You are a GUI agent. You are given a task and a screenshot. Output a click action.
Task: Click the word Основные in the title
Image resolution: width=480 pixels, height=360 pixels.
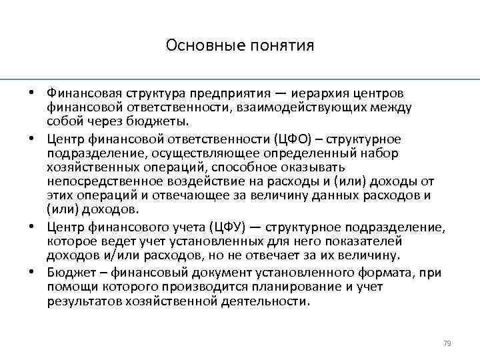click(194, 46)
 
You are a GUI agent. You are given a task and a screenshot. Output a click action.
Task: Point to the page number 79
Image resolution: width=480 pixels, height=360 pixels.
click(447, 343)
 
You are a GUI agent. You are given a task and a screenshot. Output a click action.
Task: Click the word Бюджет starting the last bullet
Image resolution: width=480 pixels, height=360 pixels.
click(69, 271)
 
